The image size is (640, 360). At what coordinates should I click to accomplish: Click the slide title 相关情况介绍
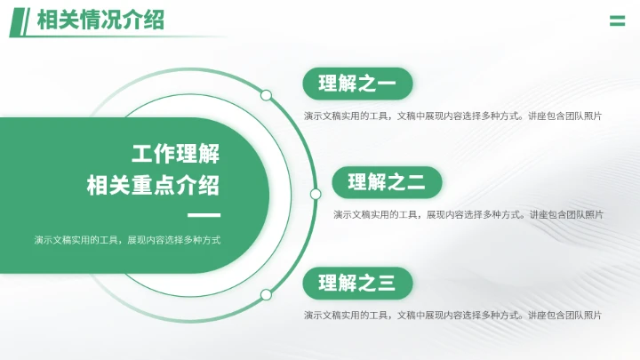pyautogui.click(x=100, y=20)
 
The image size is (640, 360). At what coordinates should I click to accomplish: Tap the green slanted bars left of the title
pyautogui.click(x=20, y=21)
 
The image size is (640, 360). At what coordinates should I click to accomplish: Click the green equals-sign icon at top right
pyautogui.click(x=617, y=21)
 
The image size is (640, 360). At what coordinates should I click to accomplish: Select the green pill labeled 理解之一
pyautogui.click(x=357, y=84)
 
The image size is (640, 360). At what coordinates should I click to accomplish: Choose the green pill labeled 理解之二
pyautogui.click(x=387, y=183)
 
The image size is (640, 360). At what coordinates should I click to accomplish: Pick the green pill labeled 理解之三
pyautogui.click(x=357, y=284)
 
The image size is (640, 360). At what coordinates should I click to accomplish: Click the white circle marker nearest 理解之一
pyautogui.click(x=266, y=95)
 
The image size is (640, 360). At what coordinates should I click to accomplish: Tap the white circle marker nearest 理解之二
pyautogui.click(x=315, y=194)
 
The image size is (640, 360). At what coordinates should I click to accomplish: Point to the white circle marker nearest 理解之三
pyautogui.click(x=266, y=294)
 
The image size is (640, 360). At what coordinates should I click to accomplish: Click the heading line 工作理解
pyautogui.click(x=175, y=154)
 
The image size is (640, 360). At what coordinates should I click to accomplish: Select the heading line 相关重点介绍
pyautogui.click(x=153, y=186)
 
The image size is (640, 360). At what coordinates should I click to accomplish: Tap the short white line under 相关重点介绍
pyautogui.click(x=204, y=216)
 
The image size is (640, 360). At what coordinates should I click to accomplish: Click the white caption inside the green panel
pyautogui.click(x=127, y=240)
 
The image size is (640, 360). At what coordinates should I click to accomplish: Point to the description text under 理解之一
pyautogui.click(x=452, y=116)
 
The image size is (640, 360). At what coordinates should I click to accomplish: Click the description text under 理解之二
pyautogui.click(x=468, y=214)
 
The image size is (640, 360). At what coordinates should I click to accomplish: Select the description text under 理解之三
pyautogui.click(x=452, y=315)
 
